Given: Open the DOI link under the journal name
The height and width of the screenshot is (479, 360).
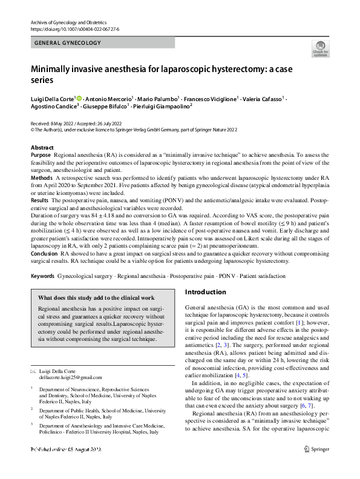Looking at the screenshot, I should (74, 29).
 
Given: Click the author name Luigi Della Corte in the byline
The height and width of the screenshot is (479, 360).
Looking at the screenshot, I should (52, 97).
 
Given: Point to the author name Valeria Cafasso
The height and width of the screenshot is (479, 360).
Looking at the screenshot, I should (263, 97).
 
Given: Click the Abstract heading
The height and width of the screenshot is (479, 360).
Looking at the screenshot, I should (42, 148).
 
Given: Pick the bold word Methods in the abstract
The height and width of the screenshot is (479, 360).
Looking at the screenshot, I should (41, 177).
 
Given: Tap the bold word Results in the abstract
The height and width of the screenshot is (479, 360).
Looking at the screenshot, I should (39, 199).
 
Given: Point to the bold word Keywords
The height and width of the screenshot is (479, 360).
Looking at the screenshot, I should (42, 276).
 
